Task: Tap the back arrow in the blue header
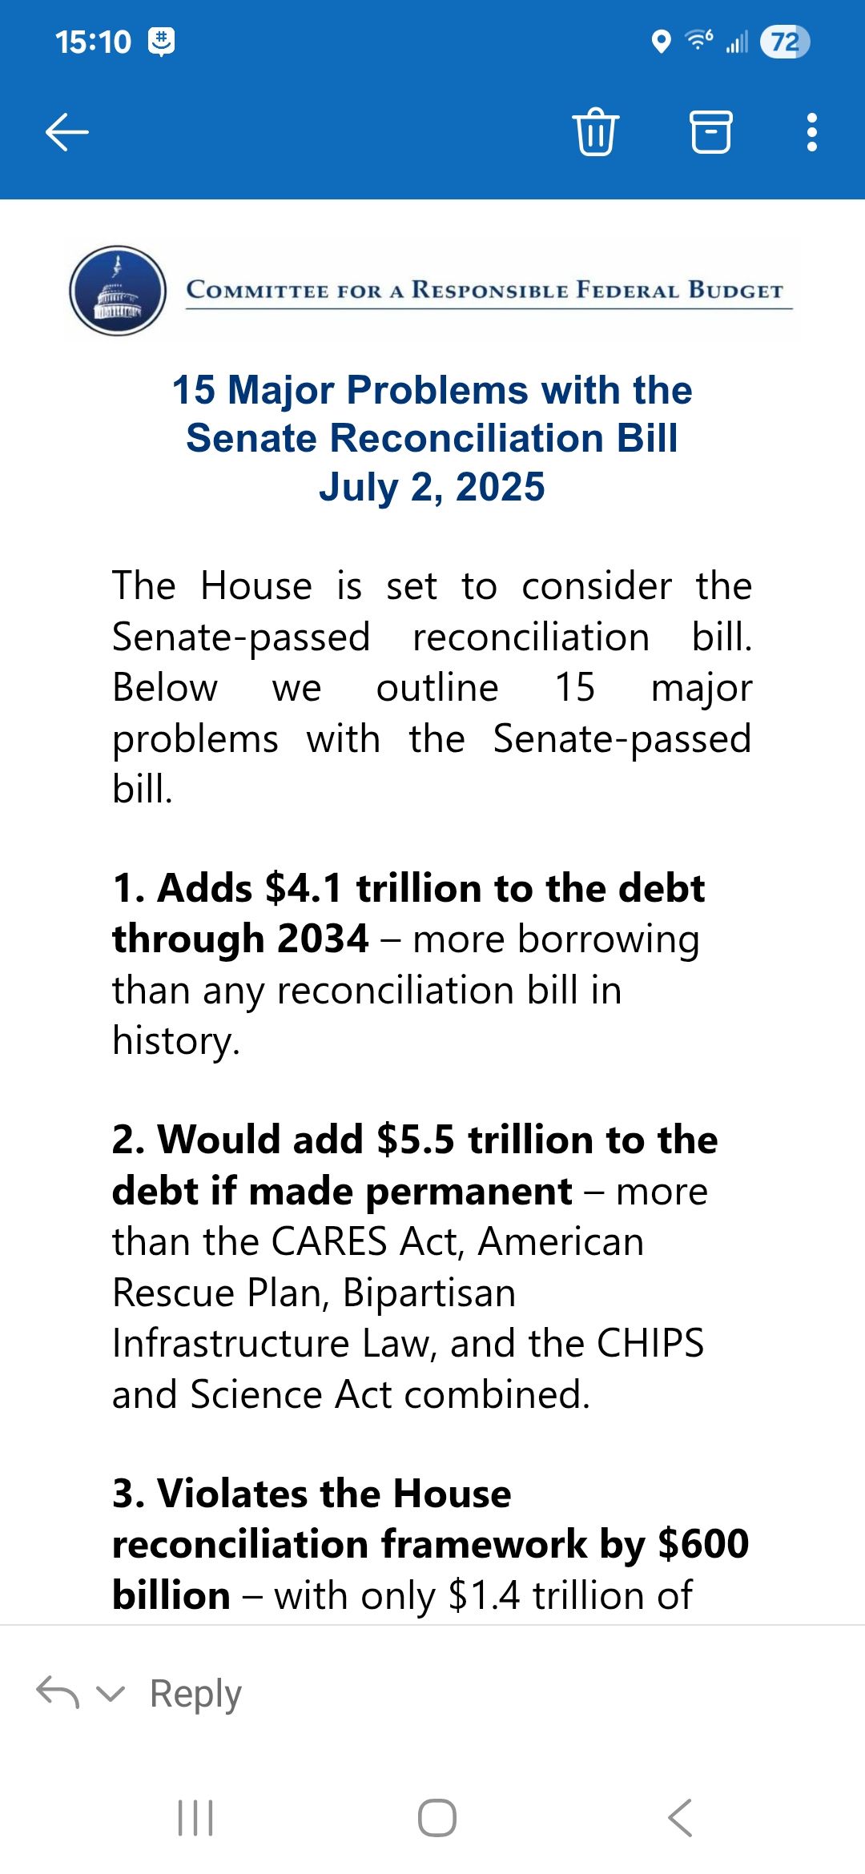(x=67, y=132)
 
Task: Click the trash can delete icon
(x=595, y=131)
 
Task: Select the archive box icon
(x=711, y=131)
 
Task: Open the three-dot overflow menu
(x=812, y=132)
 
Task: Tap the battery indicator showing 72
(x=784, y=42)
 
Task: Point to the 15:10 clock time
(x=93, y=42)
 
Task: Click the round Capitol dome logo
(x=118, y=290)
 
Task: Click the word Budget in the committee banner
(x=735, y=290)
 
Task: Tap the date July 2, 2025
(x=432, y=487)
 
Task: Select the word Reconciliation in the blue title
(x=466, y=438)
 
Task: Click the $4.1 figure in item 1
(x=304, y=888)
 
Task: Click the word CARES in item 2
(x=330, y=1242)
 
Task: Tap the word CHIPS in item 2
(x=650, y=1344)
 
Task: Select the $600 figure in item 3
(x=703, y=1544)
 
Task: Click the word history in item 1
(x=176, y=1041)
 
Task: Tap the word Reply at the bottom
(x=195, y=1693)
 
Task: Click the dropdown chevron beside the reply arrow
(x=111, y=1693)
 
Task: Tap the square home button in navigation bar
(x=437, y=1818)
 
